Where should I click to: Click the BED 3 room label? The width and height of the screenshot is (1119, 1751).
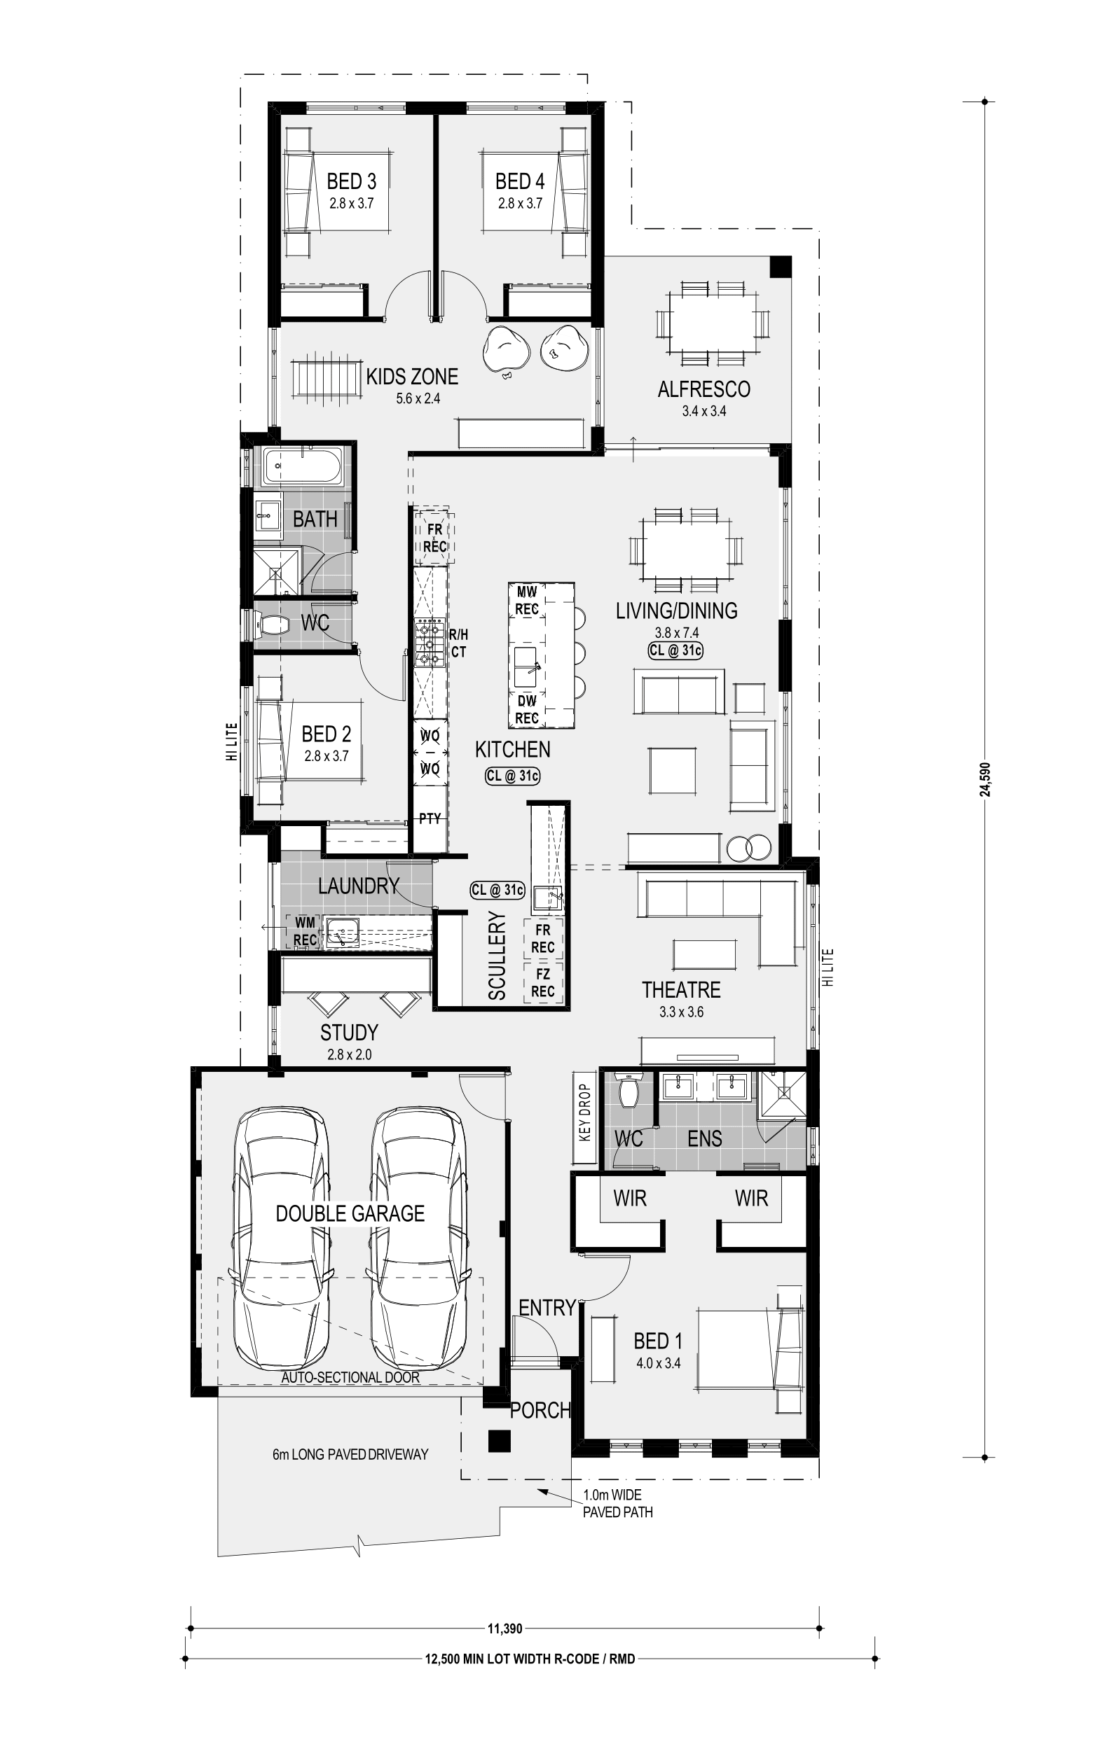[352, 181]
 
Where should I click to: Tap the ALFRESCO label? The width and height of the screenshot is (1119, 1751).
[703, 389]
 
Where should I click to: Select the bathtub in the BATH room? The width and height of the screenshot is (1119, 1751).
[303, 466]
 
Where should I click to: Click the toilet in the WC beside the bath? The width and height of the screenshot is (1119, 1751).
[270, 624]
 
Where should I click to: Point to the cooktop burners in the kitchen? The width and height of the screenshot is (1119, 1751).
[430, 643]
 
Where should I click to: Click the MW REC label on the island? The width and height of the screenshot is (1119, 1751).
[527, 601]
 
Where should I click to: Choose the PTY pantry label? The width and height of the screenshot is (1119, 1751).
[430, 818]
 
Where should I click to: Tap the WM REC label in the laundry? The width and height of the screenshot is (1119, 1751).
[305, 930]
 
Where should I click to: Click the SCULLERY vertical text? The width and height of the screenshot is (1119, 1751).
[497, 956]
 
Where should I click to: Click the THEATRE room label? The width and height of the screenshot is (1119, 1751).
[681, 990]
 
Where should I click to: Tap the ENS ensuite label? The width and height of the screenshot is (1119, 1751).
[704, 1138]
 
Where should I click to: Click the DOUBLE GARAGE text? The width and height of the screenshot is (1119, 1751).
[350, 1213]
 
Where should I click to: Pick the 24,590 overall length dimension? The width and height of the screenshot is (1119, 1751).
[985, 779]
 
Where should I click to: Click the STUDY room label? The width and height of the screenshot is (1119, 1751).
[349, 1033]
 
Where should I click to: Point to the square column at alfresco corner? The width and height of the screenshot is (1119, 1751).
[781, 266]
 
